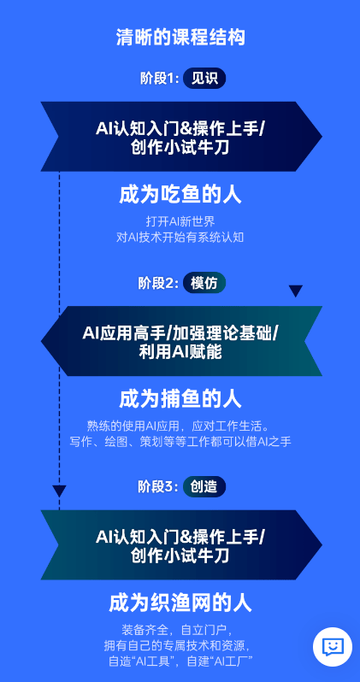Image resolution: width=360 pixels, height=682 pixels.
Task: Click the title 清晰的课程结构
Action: tap(180, 38)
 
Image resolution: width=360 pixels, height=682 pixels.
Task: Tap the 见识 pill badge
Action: tap(204, 79)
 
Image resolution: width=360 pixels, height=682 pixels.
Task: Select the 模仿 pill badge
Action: tap(204, 283)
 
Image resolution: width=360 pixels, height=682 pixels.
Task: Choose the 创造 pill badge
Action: tap(204, 486)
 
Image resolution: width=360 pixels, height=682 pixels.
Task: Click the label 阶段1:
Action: tap(159, 79)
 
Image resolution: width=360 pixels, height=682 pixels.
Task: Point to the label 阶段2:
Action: tap(158, 283)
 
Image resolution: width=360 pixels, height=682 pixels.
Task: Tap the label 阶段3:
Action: tap(158, 487)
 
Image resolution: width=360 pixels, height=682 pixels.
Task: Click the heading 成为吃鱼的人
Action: tap(180, 196)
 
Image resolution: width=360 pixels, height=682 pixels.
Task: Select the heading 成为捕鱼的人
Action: tap(180, 399)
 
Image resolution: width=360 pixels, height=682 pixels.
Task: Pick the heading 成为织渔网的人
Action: tap(180, 603)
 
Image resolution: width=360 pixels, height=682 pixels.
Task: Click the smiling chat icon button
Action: tap(333, 647)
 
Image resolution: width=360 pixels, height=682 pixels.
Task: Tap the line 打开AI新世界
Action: tap(180, 222)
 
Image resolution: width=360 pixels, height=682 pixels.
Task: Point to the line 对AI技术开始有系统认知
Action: tap(180, 238)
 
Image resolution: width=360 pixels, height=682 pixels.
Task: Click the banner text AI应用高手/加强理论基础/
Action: tap(180, 334)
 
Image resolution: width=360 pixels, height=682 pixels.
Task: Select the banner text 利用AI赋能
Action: tap(180, 351)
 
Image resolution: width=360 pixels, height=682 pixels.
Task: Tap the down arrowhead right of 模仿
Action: tap(296, 291)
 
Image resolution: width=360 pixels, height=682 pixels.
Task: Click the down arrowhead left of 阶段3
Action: tap(59, 491)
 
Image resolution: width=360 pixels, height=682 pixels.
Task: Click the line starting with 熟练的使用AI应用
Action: tap(180, 426)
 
